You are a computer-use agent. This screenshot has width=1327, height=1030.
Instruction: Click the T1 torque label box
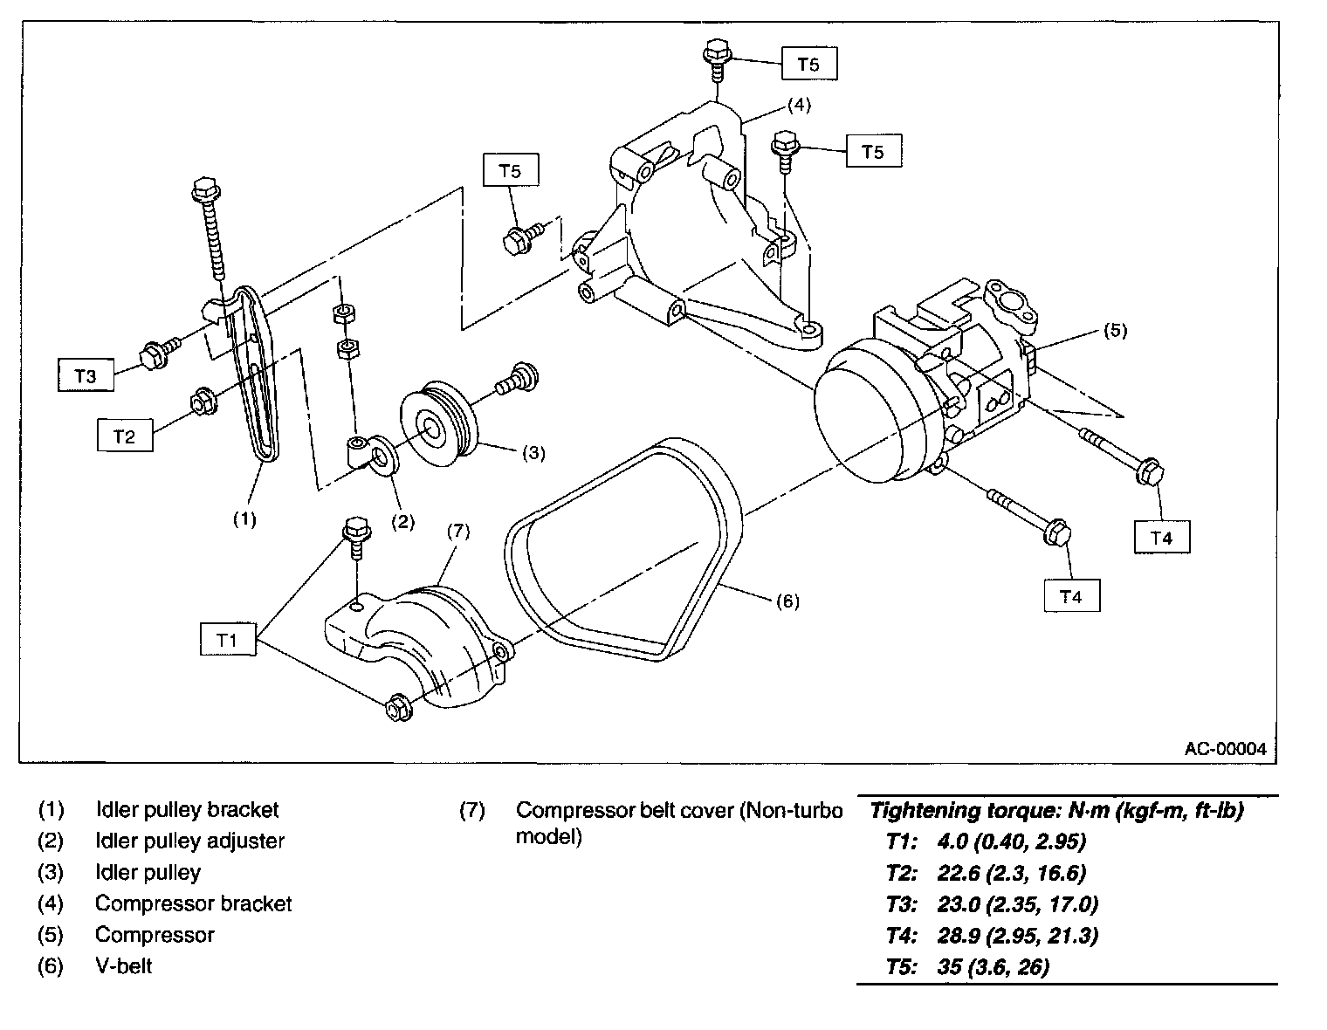(x=228, y=639)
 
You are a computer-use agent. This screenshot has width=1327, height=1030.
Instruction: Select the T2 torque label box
(x=125, y=436)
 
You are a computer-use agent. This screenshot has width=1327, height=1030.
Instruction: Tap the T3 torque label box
(x=86, y=374)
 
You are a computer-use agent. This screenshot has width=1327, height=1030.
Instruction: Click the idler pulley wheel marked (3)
(x=438, y=425)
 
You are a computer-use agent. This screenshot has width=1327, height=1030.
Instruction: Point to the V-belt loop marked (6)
(x=623, y=550)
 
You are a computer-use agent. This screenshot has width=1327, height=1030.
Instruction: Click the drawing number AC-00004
(x=1225, y=749)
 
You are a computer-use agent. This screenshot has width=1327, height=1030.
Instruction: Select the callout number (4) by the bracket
(x=799, y=105)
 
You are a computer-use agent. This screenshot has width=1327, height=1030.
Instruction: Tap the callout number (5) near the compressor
(x=1115, y=330)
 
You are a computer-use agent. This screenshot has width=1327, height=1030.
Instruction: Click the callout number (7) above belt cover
(x=458, y=532)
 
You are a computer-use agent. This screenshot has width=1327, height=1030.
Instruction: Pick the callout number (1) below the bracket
(x=244, y=519)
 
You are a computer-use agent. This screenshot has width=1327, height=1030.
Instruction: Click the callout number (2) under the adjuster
(x=402, y=521)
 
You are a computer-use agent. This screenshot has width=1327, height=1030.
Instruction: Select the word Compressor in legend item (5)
(x=155, y=934)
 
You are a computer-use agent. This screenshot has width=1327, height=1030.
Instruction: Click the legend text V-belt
(x=123, y=965)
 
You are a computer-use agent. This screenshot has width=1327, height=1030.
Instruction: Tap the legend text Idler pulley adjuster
(x=190, y=841)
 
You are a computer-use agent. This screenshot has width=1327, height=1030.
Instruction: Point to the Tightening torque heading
(x=1056, y=810)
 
